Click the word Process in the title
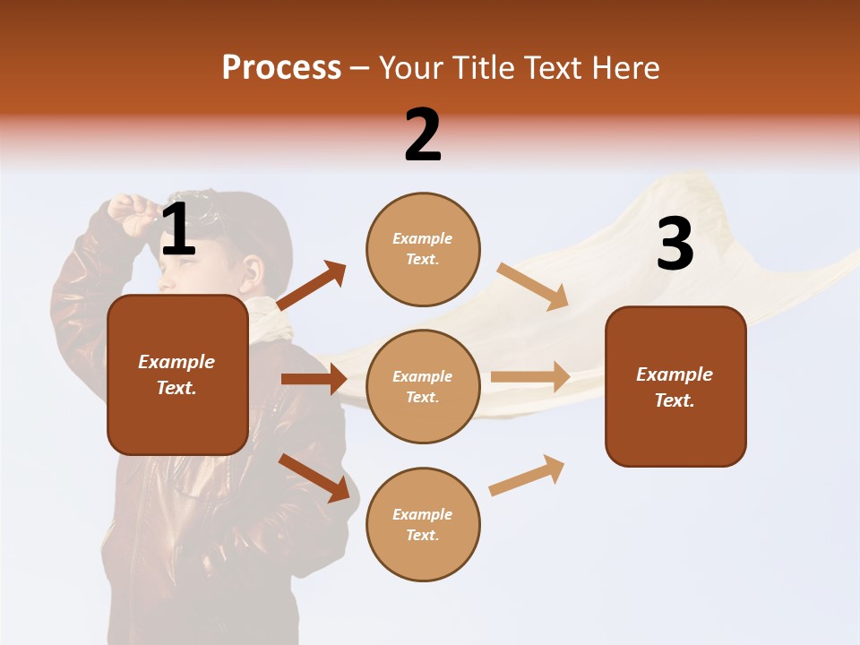coord(281,67)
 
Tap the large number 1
coord(178,230)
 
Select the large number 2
coord(423,135)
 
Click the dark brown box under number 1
coord(177,374)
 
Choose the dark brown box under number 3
coord(675,386)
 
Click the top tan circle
coord(423,249)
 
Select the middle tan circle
coord(423,386)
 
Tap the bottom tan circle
coord(423,524)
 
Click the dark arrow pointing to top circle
coord(312,286)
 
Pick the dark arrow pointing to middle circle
coord(314,378)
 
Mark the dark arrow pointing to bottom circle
coord(314,477)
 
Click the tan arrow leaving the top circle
coord(532,286)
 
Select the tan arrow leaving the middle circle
coord(530,376)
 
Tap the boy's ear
coord(253,271)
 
